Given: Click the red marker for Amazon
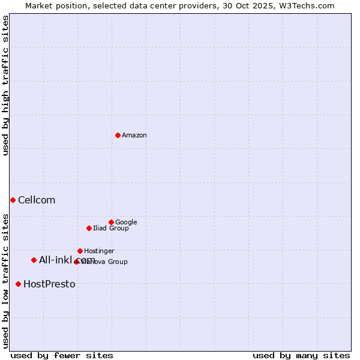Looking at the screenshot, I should tap(118, 135).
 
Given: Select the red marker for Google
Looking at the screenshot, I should tap(111, 222).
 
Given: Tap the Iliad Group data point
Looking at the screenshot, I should tap(89, 228).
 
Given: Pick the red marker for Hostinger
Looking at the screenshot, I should tap(80, 251).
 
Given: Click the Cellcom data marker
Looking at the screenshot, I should tap(13, 200).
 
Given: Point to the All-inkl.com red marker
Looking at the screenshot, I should tap(34, 260).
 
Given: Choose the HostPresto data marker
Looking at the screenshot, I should tap(18, 284).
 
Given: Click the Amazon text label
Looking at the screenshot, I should tap(134, 136).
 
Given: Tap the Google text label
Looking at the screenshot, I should tap(126, 223).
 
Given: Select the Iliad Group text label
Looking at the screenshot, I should tap(111, 229).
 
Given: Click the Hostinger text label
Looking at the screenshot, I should tap(99, 251).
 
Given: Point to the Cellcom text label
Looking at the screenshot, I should tap(37, 200).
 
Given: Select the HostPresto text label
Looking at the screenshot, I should tap(49, 284).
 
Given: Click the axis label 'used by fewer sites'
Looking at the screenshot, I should tap(62, 355).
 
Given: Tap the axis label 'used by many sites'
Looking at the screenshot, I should tap(301, 355).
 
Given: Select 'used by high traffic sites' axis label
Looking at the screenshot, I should tap(6, 85).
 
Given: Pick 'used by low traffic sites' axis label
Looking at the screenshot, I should tap(6, 280).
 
